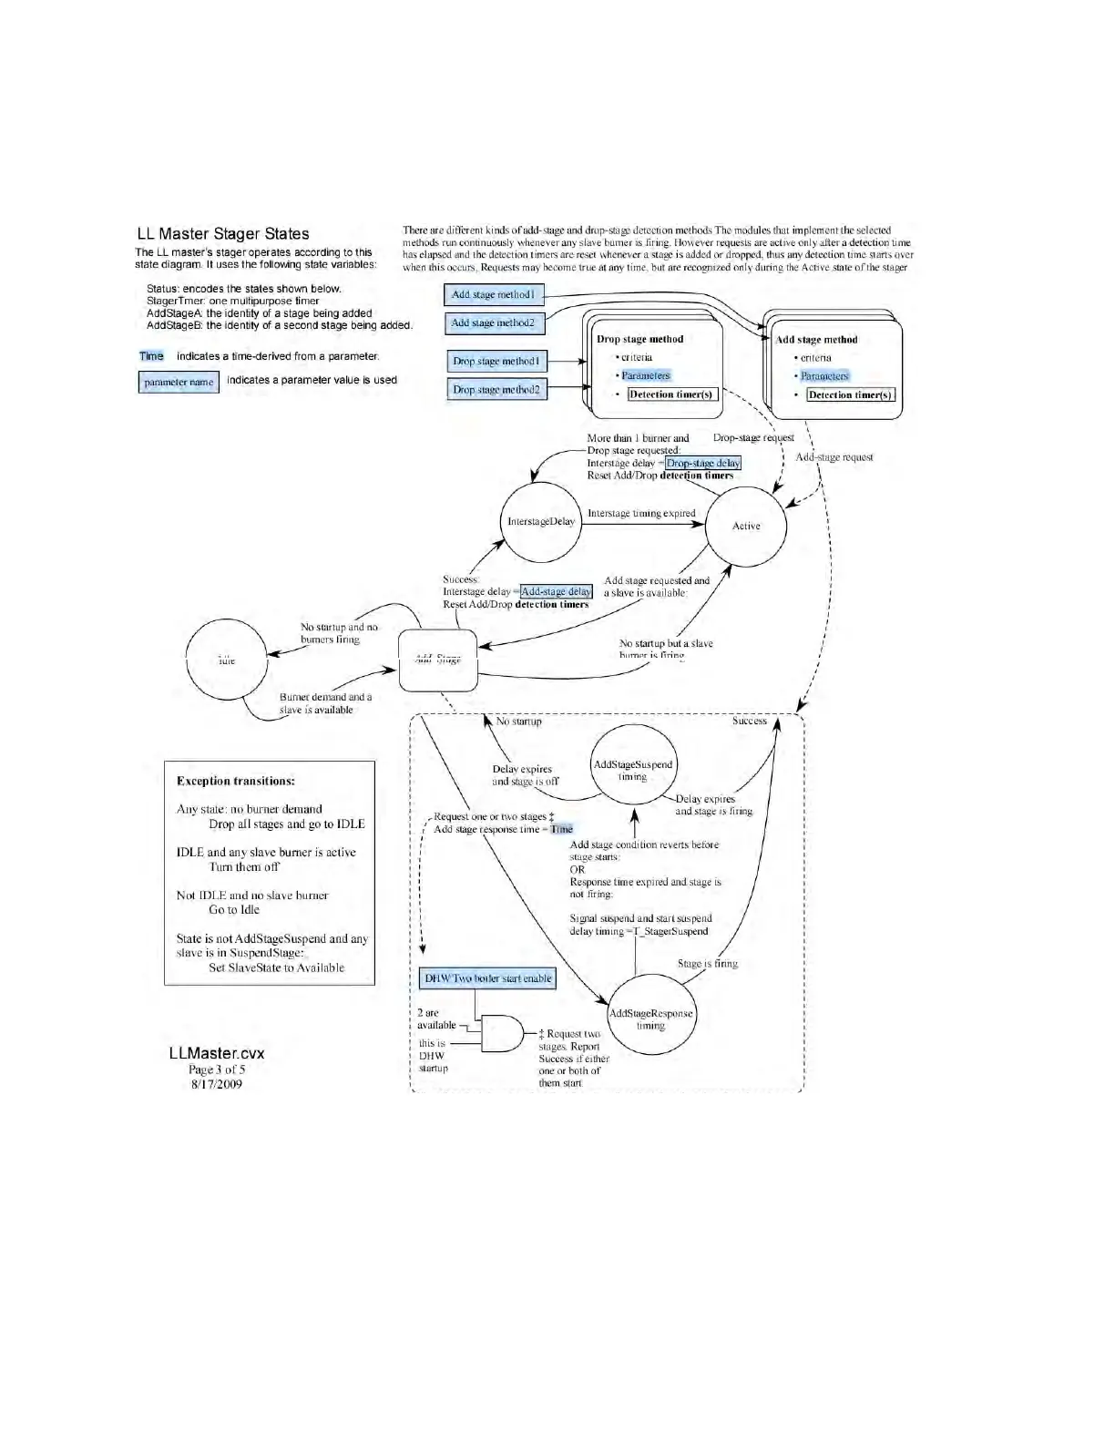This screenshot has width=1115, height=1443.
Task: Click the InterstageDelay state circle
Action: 541,522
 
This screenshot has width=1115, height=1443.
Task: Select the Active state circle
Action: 746,526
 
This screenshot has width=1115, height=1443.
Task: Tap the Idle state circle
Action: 227,660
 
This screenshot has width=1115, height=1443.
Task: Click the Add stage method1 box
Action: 494,295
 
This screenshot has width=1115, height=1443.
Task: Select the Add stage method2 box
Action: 494,322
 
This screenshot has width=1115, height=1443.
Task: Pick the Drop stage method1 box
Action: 496,362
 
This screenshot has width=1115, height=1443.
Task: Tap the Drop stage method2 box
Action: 496,390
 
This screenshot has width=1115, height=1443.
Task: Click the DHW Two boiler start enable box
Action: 488,978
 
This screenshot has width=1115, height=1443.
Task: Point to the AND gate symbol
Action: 502,1033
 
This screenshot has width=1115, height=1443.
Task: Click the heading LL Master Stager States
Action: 223,234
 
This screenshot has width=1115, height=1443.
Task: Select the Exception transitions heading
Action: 236,781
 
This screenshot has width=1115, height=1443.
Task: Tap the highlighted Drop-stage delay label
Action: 703,463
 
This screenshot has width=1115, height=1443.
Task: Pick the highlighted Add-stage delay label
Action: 557,591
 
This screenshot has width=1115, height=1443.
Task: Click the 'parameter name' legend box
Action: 179,383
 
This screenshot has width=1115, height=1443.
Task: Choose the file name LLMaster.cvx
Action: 217,1053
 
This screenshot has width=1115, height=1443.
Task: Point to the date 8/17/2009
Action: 217,1084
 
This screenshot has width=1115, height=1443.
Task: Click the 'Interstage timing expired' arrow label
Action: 641,514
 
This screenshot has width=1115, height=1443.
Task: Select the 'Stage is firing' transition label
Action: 708,963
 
